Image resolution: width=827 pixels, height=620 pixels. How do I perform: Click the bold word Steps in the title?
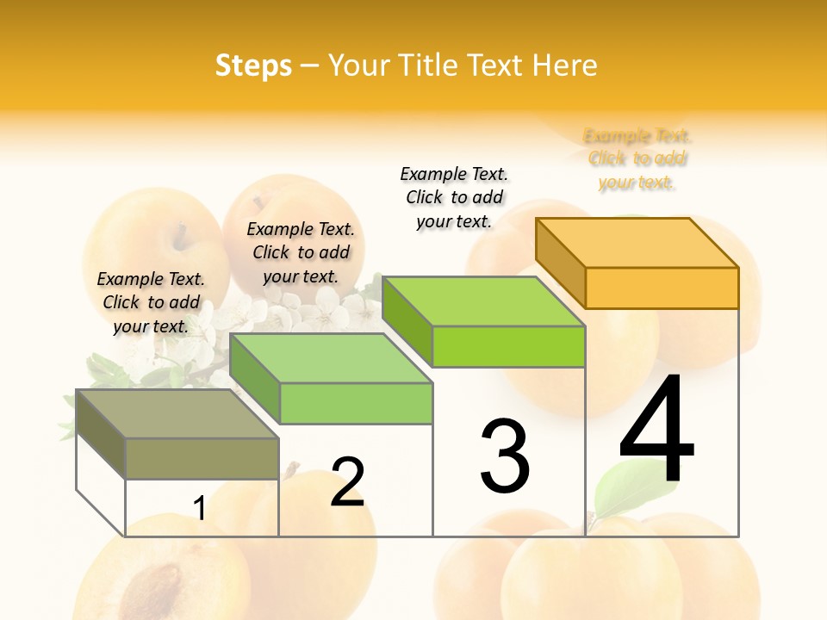pyautogui.click(x=252, y=65)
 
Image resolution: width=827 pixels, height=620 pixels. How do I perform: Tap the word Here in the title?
pyautogui.click(x=564, y=65)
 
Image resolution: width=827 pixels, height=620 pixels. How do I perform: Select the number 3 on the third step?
pyautogui.click(x=504, y=457)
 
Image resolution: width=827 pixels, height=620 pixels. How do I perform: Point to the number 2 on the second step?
pyautogui.click(x=347, y=482)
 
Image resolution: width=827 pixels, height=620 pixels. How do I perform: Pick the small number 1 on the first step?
pyautogui.click(x=199, y=509)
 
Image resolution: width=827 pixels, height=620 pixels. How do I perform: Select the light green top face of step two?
pyautogui.click(x=332, y=358)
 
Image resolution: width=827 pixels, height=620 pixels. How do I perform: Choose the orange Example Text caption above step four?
pyautogui.click(x=637, y=158)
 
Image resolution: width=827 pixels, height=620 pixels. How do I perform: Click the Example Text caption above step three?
pyautogui.click(x=454, y=197)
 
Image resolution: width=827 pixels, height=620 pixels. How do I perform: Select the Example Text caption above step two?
pyautogui.click(x=301, y=252)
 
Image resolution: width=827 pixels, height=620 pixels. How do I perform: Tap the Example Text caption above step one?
pyautogui.click(x=151, y=302)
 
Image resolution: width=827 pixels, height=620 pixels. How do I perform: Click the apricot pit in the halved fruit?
pyautogui.click(x=155, y=586)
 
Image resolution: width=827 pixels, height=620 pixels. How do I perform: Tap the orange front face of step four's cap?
pyautogui.click(x=662, y=288)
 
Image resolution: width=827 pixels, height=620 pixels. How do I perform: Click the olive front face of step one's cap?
pyautogui.click(x=202, y=458)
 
